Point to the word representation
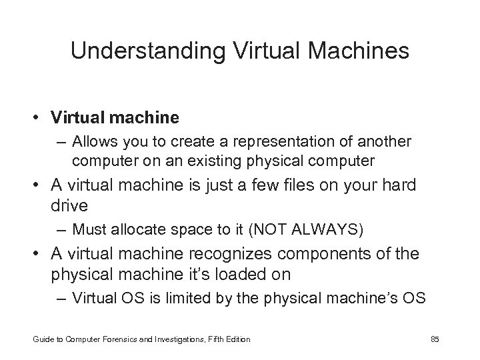pos(289,142)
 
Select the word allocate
pos(145,230)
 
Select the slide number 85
pos(435,339)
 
